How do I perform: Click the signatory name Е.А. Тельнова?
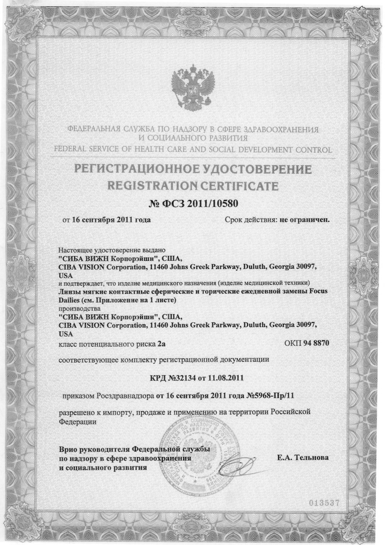click(303, 458)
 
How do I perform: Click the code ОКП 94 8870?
click(307, 343)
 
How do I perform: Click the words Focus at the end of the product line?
click(319, 292)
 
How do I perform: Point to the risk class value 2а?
click(166, 343)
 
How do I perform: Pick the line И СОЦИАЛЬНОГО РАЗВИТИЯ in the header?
click(192, 138)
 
